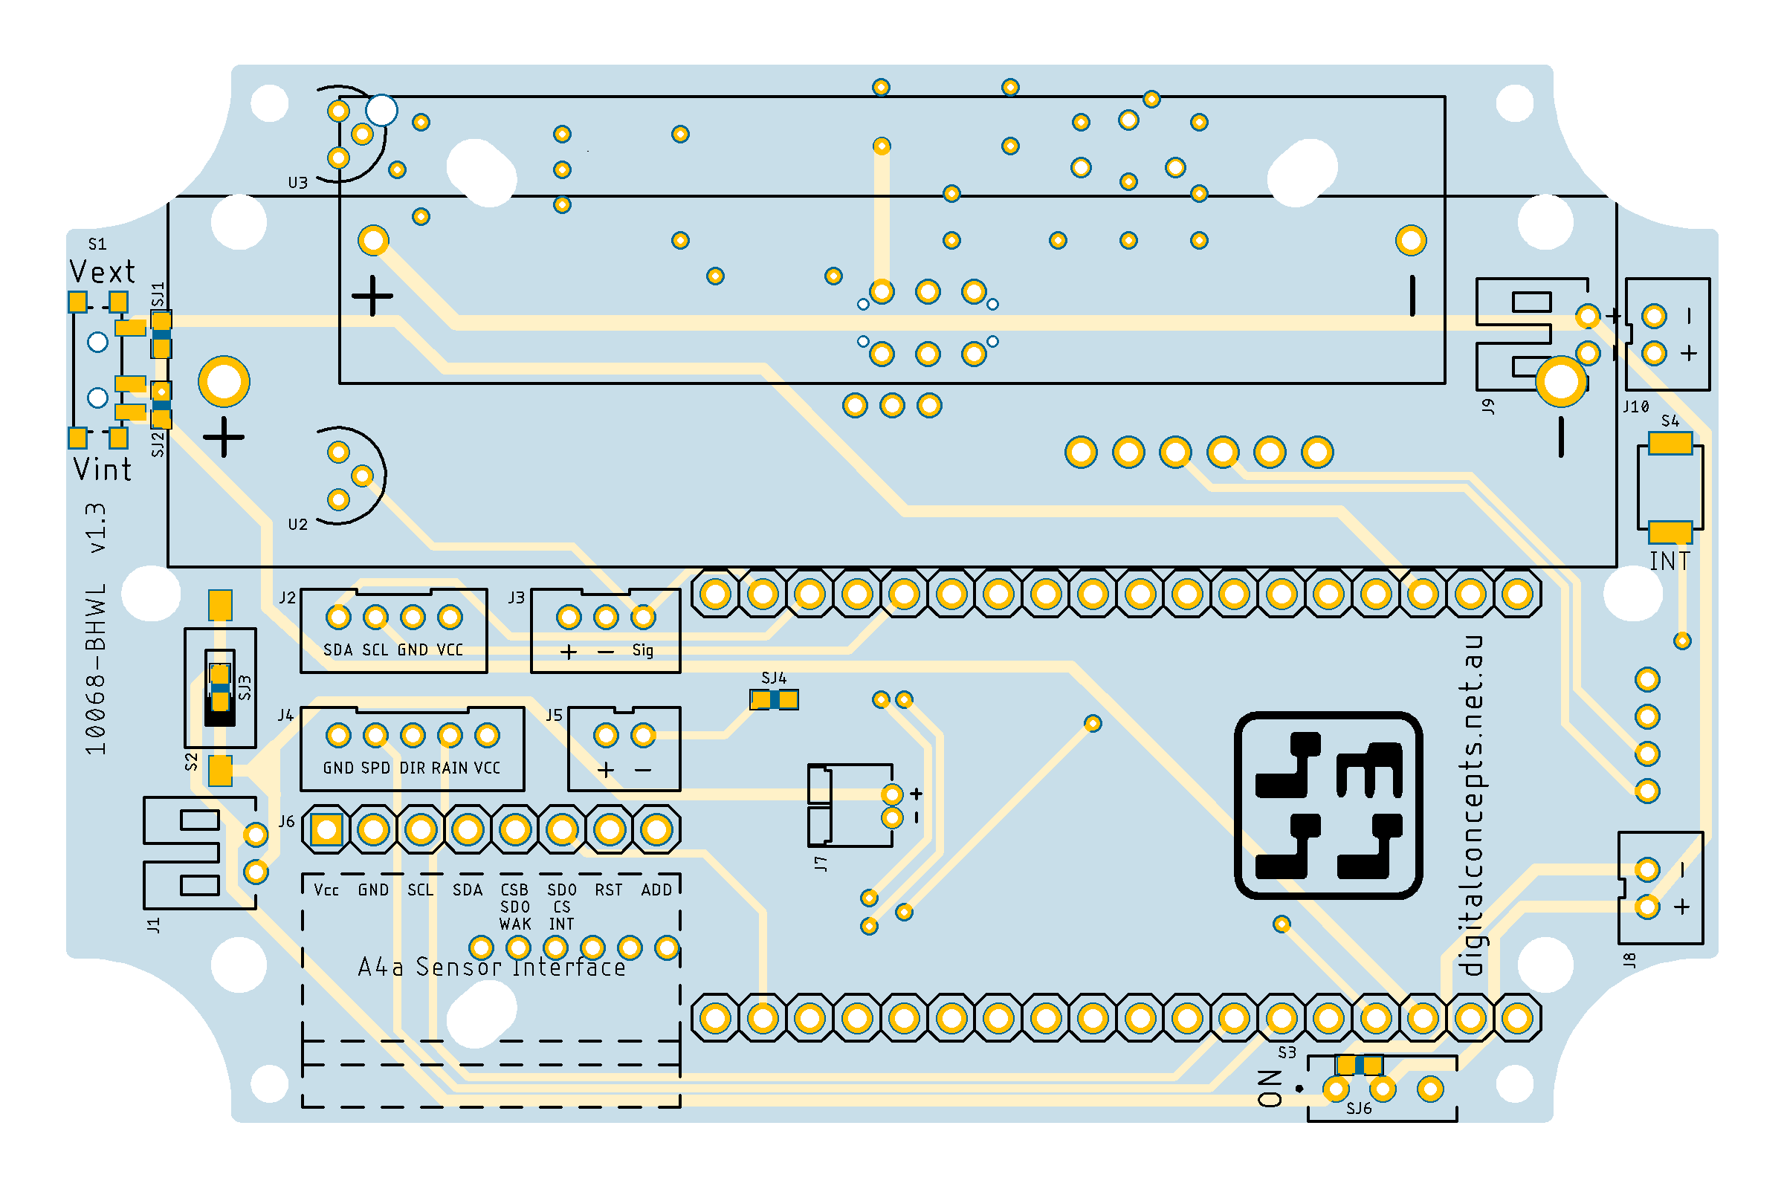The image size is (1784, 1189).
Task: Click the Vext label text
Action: tap(102, 272)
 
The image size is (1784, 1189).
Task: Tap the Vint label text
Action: tap(103, 470)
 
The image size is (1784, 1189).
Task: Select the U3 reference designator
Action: tap(298, 183)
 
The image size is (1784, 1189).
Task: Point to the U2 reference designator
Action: tap(298, 525)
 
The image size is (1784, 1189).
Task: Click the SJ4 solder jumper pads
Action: tap(774, 699)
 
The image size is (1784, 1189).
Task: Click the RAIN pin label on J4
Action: tap(450, 768)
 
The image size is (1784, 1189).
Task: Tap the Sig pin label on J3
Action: tap(642, 651)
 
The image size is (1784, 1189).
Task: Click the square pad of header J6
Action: tap(327, 830)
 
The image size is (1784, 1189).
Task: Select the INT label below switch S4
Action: tap(1670, 562)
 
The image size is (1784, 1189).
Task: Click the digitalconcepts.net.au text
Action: tap(1471, 806)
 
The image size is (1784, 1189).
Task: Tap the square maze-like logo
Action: tap(1328, 806)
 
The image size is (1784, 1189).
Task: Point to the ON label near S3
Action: tap(1270, 1089)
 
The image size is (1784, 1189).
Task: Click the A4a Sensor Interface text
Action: tap(491, 968)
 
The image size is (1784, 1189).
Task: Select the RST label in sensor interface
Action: tap(608, 890)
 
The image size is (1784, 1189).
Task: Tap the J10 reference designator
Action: tap(1636, 406)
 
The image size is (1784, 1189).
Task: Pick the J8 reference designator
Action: tap(1629, 960)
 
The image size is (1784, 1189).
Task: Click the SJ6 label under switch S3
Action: tap(1360, 1109)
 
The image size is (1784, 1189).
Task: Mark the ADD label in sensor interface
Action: tap(657, 890)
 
